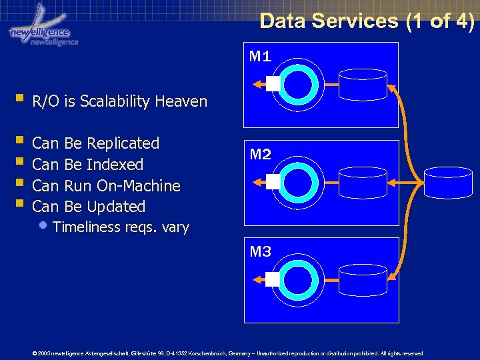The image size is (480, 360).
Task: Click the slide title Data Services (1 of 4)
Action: point(367,21)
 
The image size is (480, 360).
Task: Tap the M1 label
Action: point(260,57)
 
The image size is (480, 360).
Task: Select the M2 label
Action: point(260,155)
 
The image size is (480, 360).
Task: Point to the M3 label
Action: point(260,252)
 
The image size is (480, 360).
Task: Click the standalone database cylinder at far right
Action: point(448,181)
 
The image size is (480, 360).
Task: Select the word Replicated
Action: point(123,143)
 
